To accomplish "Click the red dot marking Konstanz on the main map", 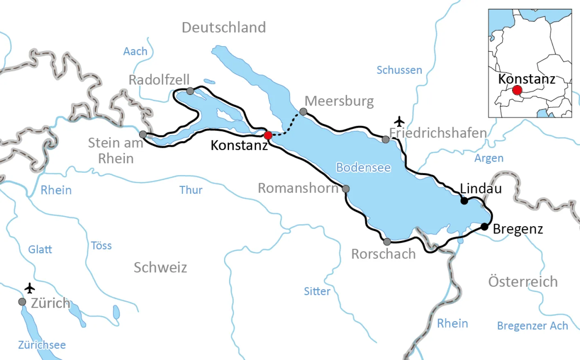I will click(x=268, y=135).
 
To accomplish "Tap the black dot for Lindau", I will click(x=464, y=201).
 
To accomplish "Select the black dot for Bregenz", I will click(x=484, y=227).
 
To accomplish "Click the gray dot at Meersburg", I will click(x=303, y=112).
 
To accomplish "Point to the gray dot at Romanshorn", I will click(x=346, y=189).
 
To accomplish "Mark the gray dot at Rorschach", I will click(x=387, y=242).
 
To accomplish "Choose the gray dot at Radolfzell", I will click(x=190, y=91).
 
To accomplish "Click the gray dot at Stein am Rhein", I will click(x=143, y=135).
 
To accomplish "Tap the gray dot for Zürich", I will click(x=22, y=302).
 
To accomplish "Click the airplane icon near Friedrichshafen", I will click(x=399, y=122).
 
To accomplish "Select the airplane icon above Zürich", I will click(x=29, y=288).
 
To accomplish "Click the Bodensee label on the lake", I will click(x=363, y=168).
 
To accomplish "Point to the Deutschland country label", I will click(x=224, y=27).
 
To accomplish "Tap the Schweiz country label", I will click(x=160, y=268).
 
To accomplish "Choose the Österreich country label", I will click(x=523, y=281).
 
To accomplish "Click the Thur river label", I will click(x=191, y=190).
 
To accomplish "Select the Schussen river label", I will click(x=399, y=70).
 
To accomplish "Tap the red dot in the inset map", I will click(x=517, y=90).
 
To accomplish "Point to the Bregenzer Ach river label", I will click(x=532, y=326).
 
